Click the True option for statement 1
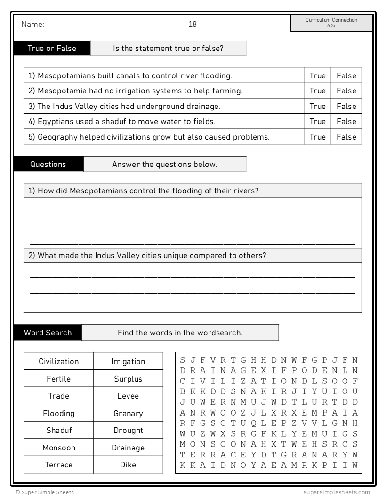click(x=317, y=75)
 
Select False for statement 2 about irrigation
click(x=346, y=91)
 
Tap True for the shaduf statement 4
click(x=317, y=121)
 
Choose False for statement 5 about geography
click(x=346, y=137)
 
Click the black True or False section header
click(x=52, y=48)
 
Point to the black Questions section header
click(x=48, y=164)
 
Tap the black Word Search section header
click(x=48, y=333)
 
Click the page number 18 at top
click(x=193, y=25)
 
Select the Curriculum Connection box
click(x=331, y=23)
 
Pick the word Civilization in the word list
click(x=59, y=361)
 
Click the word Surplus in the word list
click(x=128, y=379)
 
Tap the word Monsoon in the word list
click(x=59, y=448)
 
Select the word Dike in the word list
click(x=128, y=465)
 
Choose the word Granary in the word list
click(x=128, y=413)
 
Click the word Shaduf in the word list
click(x=59, y=430)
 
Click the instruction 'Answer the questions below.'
click(x=164, y=164)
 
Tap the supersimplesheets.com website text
click(x=337, y=492)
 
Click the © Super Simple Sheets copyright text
click(x=44, y=492)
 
